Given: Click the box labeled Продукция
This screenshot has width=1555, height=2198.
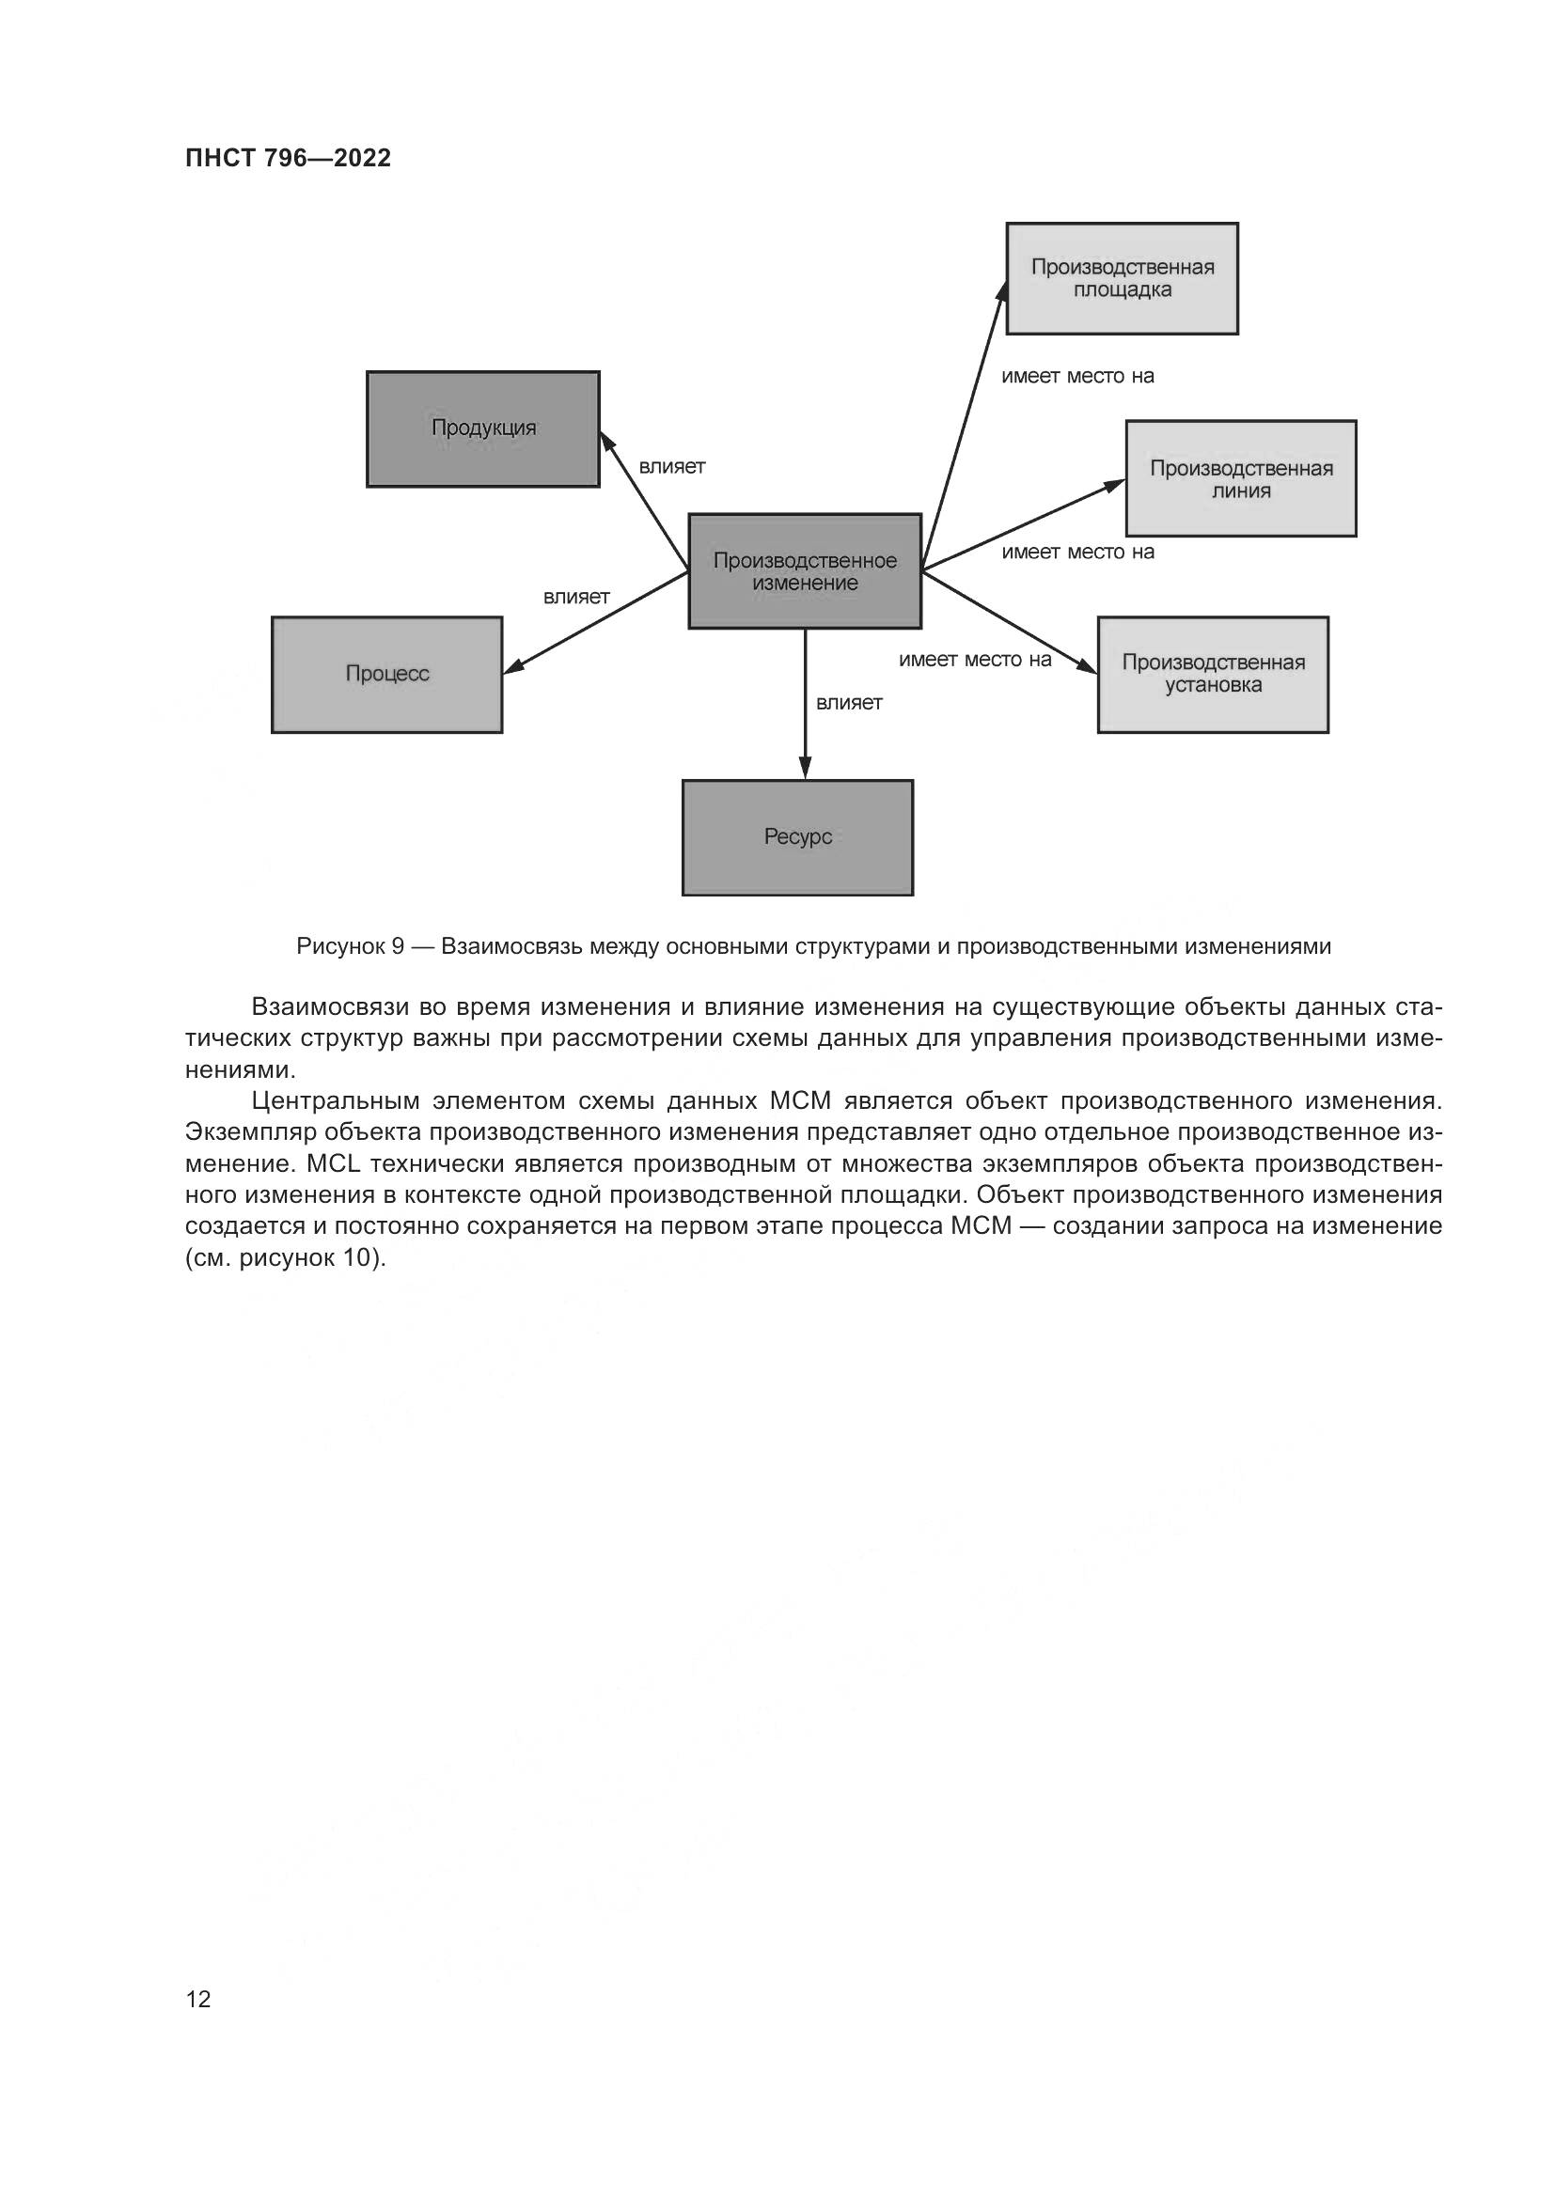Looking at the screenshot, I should tap(482, 429).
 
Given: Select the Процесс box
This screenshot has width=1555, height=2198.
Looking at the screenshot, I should tap(386, 675).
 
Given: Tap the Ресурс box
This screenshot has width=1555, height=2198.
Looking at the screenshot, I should tap(797, 837).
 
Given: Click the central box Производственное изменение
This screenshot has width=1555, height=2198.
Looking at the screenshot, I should tap(805, 571).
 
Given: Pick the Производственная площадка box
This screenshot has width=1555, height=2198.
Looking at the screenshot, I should tap(1122, 278).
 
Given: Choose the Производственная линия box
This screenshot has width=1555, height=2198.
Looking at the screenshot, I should tap(1241, 478).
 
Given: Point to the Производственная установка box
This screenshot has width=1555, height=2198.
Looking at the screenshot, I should tap(1212, 675).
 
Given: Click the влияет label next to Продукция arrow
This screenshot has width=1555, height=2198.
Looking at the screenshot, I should tap(672, 467).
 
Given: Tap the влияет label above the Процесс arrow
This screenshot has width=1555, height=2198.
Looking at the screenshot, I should tap(576, 598).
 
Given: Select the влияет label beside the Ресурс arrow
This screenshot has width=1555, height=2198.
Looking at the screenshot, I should tap(848, 703).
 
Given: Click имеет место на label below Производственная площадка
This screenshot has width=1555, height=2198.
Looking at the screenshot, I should tap(1077, 376).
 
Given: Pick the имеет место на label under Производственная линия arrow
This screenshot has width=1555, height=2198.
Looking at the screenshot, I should tap(1077, 553).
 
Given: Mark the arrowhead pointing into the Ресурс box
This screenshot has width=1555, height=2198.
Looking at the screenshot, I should tap(806, 768).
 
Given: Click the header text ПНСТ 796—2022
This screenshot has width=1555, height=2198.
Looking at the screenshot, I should tap(289, 159).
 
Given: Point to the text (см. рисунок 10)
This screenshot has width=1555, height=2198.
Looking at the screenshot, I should tap(286, 1258).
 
